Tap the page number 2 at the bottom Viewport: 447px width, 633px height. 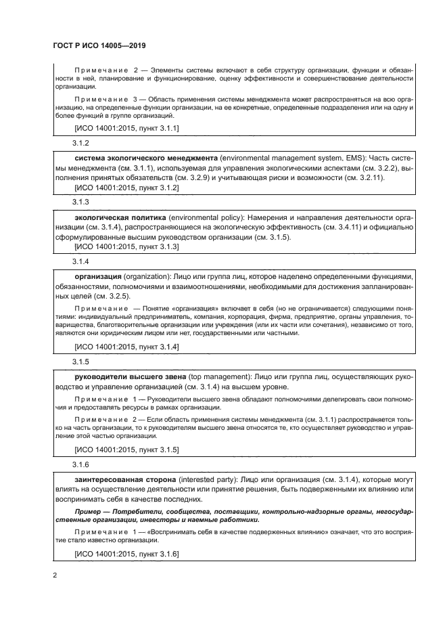[55, 575]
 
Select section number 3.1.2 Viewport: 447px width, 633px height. [81, 143]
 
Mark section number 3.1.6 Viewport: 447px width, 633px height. [81, 464]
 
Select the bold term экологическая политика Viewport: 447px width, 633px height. [119, 216]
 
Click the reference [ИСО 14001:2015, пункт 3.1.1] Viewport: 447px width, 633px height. [126, 127]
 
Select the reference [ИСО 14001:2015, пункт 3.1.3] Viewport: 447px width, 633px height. [126, 247]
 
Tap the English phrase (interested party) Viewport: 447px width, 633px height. [204, 479]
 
